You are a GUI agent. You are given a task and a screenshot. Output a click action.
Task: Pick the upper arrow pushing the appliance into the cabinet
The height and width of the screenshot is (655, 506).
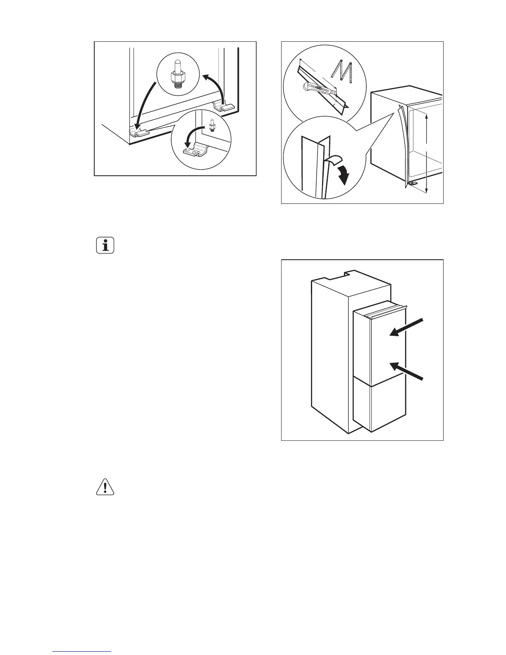click(407, 327)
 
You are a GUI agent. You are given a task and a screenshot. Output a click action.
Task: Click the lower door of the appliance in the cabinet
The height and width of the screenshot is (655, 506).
click(379, 408)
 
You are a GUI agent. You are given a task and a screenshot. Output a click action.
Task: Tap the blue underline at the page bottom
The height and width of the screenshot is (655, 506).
click(82, 651)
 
